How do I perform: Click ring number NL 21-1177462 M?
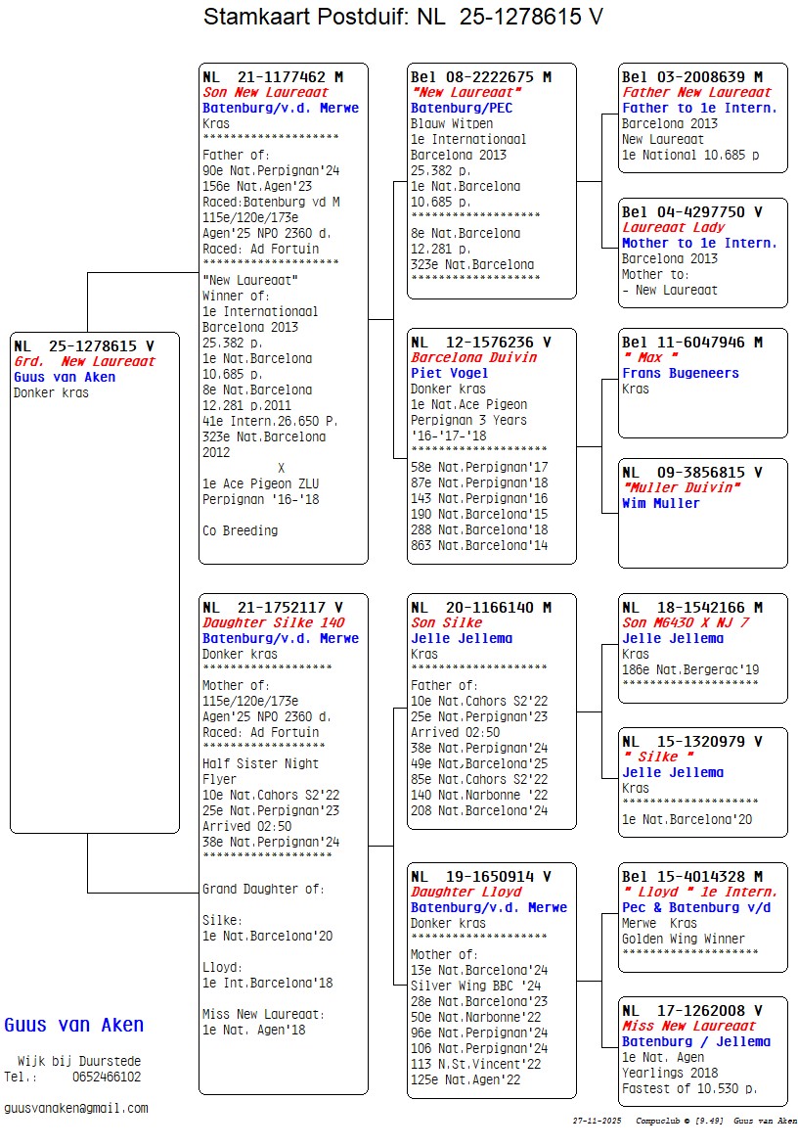coord(273,76)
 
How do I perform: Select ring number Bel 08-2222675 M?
coord(481,76)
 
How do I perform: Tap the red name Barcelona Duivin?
coord(474,357)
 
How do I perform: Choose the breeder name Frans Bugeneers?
coord(681,373)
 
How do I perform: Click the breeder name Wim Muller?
coord(661,503)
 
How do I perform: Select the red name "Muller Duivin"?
coord(682,487)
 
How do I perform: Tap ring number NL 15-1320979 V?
coord(692,741)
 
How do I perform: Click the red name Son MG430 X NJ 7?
coord(687,622)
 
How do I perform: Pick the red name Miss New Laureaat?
coord(689,1026)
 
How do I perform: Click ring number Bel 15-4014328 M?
coord(692,876)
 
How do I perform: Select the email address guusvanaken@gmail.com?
coord(76,1108)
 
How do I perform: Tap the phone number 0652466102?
coord(106,1077)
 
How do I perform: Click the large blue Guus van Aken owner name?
coord(74,1025)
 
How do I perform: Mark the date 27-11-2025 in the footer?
coord(598,1121)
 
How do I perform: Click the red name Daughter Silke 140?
coord(274,622)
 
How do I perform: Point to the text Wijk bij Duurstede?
coord(79,1061)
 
